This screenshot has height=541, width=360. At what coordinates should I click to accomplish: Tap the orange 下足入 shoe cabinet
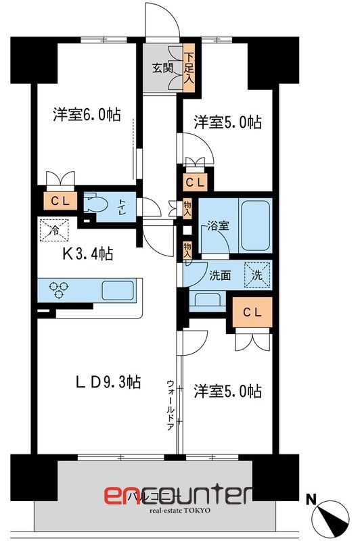pos(191,68)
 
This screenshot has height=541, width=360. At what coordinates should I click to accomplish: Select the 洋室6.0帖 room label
pos(87,115)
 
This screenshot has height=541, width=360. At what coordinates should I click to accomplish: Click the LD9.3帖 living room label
pos(99,383)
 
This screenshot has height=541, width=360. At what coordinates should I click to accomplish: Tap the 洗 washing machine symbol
pos(258,276)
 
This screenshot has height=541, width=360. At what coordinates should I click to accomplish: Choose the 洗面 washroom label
pos(221,277)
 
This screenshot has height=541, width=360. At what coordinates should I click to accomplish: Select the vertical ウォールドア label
pos(171,406)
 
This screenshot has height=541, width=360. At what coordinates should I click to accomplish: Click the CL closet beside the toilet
pos(56,201)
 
